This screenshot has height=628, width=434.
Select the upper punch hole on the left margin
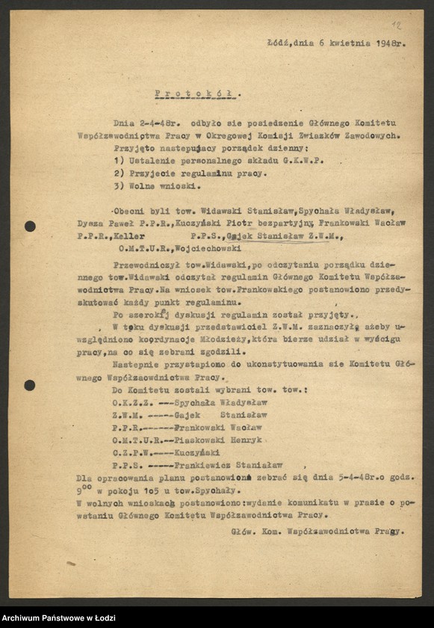(x=30, y=226)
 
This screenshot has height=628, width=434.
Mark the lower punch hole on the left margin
(x=29, y=385)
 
